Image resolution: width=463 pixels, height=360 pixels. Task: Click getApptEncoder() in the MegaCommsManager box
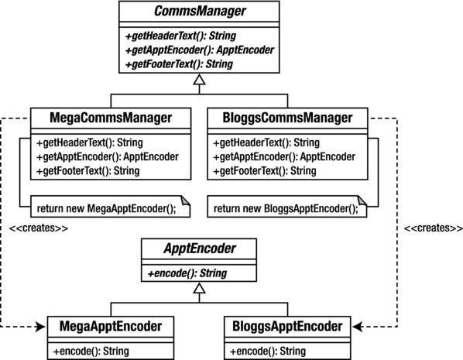click(108, 156)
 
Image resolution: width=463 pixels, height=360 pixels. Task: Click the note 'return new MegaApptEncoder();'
click(111, 207)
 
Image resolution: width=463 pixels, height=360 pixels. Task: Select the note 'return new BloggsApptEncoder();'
click(286, 207)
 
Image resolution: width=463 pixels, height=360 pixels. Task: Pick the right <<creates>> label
click(428, 229)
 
